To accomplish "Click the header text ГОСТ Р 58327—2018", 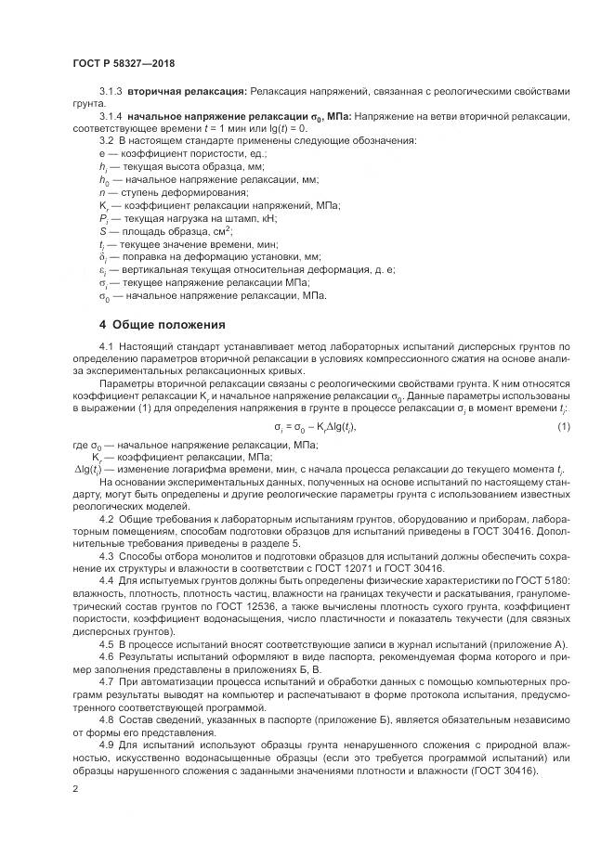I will [x=123, y=62].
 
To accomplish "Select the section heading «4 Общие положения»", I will [x=162, y=325].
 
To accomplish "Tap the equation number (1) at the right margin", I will [x=564, y=426].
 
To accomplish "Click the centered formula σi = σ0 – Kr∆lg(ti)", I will [x=316, y=426].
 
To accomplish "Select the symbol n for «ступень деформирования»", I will [x=101, y=191].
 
